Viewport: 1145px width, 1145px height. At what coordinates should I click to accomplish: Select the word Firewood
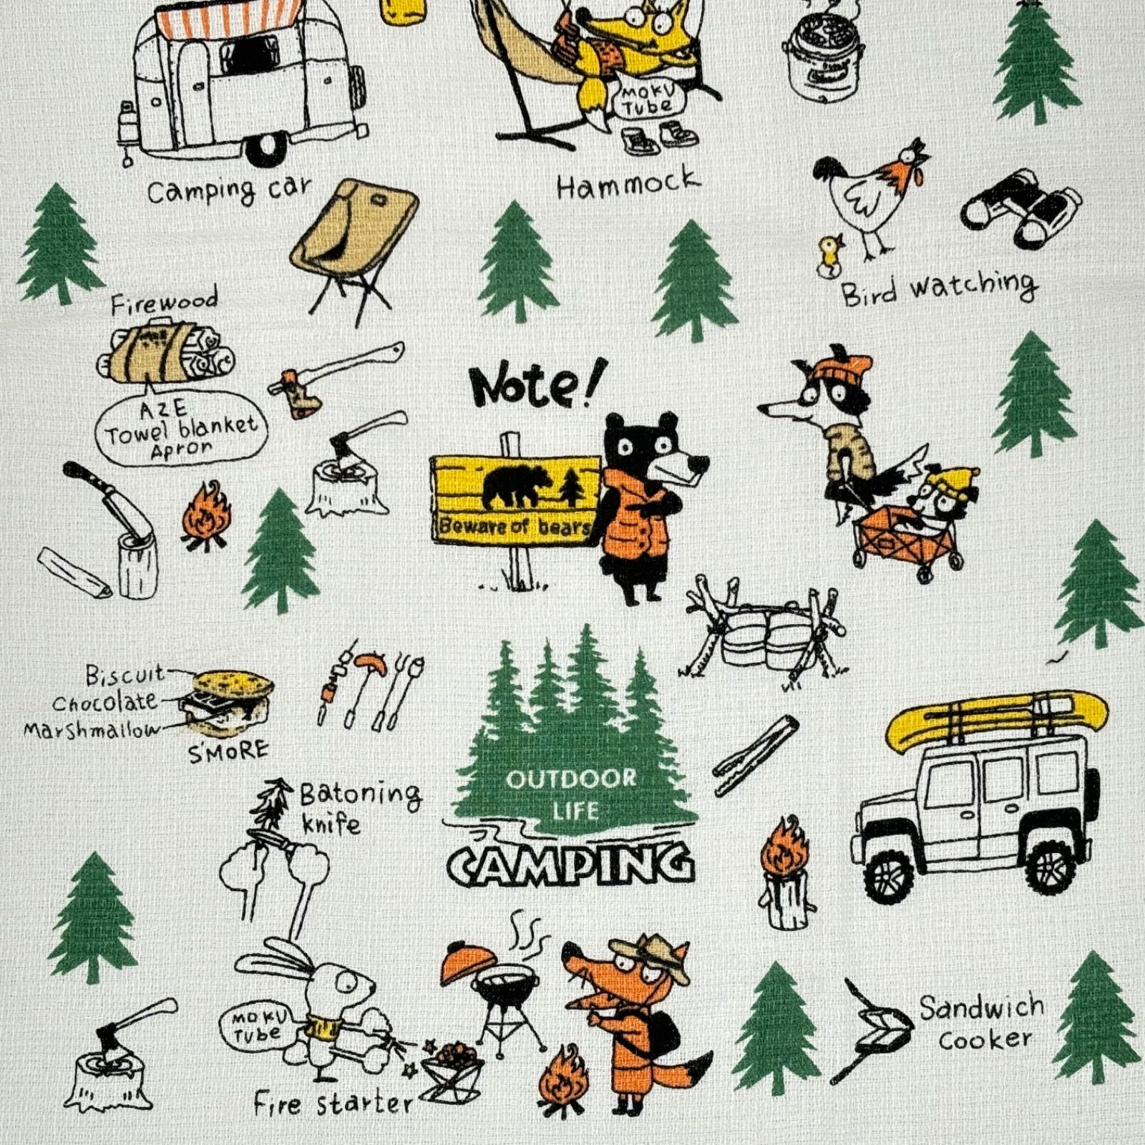(164, 303)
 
